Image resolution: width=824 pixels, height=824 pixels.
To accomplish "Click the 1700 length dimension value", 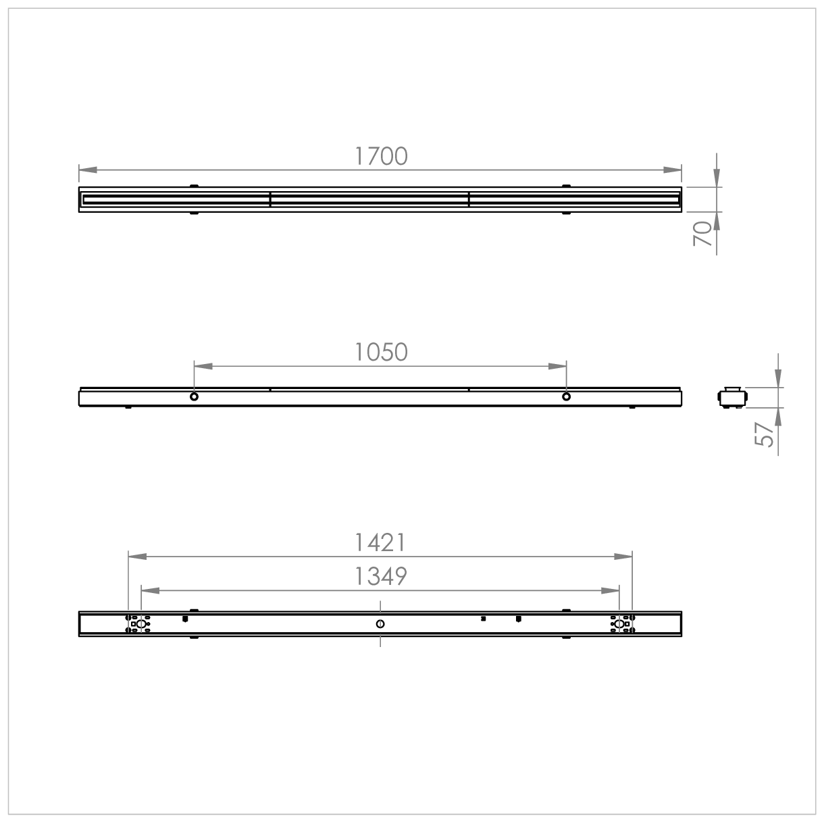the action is click(381, 156).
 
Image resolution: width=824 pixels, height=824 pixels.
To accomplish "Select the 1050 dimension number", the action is click(381, 352).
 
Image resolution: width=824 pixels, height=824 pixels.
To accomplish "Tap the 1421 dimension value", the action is click(380, 542).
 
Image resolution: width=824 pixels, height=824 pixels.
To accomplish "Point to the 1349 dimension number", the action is click(380, 576).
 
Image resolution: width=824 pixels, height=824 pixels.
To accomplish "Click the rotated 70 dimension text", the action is click(702, 234).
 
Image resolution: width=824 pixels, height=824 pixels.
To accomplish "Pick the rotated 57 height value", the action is click(764, 435).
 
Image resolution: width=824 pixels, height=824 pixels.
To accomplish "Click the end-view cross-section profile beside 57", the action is click(733, 398).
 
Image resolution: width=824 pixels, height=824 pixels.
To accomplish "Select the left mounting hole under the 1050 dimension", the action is click(194, 396).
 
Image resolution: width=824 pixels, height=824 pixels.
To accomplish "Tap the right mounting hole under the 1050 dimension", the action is click(566, 396).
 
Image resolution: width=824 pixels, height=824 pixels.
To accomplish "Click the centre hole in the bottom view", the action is click(380, 624).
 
